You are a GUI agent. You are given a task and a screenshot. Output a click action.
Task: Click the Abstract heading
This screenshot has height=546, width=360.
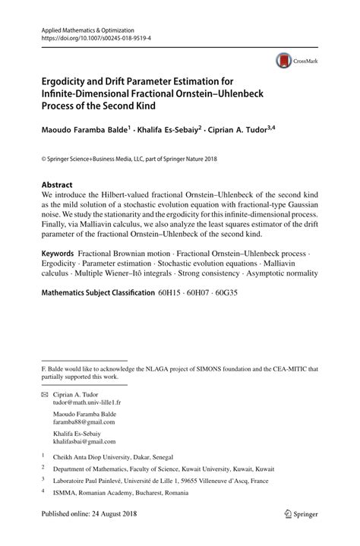coord(57,185)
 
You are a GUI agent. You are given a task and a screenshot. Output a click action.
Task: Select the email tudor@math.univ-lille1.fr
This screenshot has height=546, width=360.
coord(87,403)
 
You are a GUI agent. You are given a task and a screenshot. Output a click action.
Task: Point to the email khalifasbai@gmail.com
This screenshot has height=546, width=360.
coord(84,441)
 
